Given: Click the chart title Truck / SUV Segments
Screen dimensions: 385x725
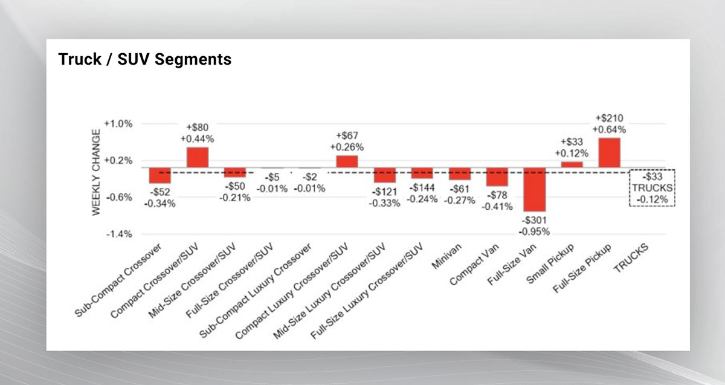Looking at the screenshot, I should [x=144, y=60].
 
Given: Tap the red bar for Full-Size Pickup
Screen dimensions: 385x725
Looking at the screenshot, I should [x=609, y=153].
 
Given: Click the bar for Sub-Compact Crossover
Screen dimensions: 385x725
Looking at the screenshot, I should [x=160, y=175].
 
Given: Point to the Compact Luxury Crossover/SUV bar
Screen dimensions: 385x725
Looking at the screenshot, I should [x=347, y=161].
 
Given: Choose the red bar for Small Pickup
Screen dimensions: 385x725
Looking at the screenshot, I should [x=572, y=164].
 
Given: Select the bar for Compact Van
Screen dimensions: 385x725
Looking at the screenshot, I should [x=497, y=177].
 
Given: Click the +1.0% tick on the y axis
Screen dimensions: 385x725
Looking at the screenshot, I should [x=118, y=124].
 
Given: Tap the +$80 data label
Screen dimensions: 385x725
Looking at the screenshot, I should [x=198, y=128].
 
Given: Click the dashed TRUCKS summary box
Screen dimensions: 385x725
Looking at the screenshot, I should [x=652, y=187].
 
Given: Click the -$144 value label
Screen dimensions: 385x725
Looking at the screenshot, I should [x=422, y=189].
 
